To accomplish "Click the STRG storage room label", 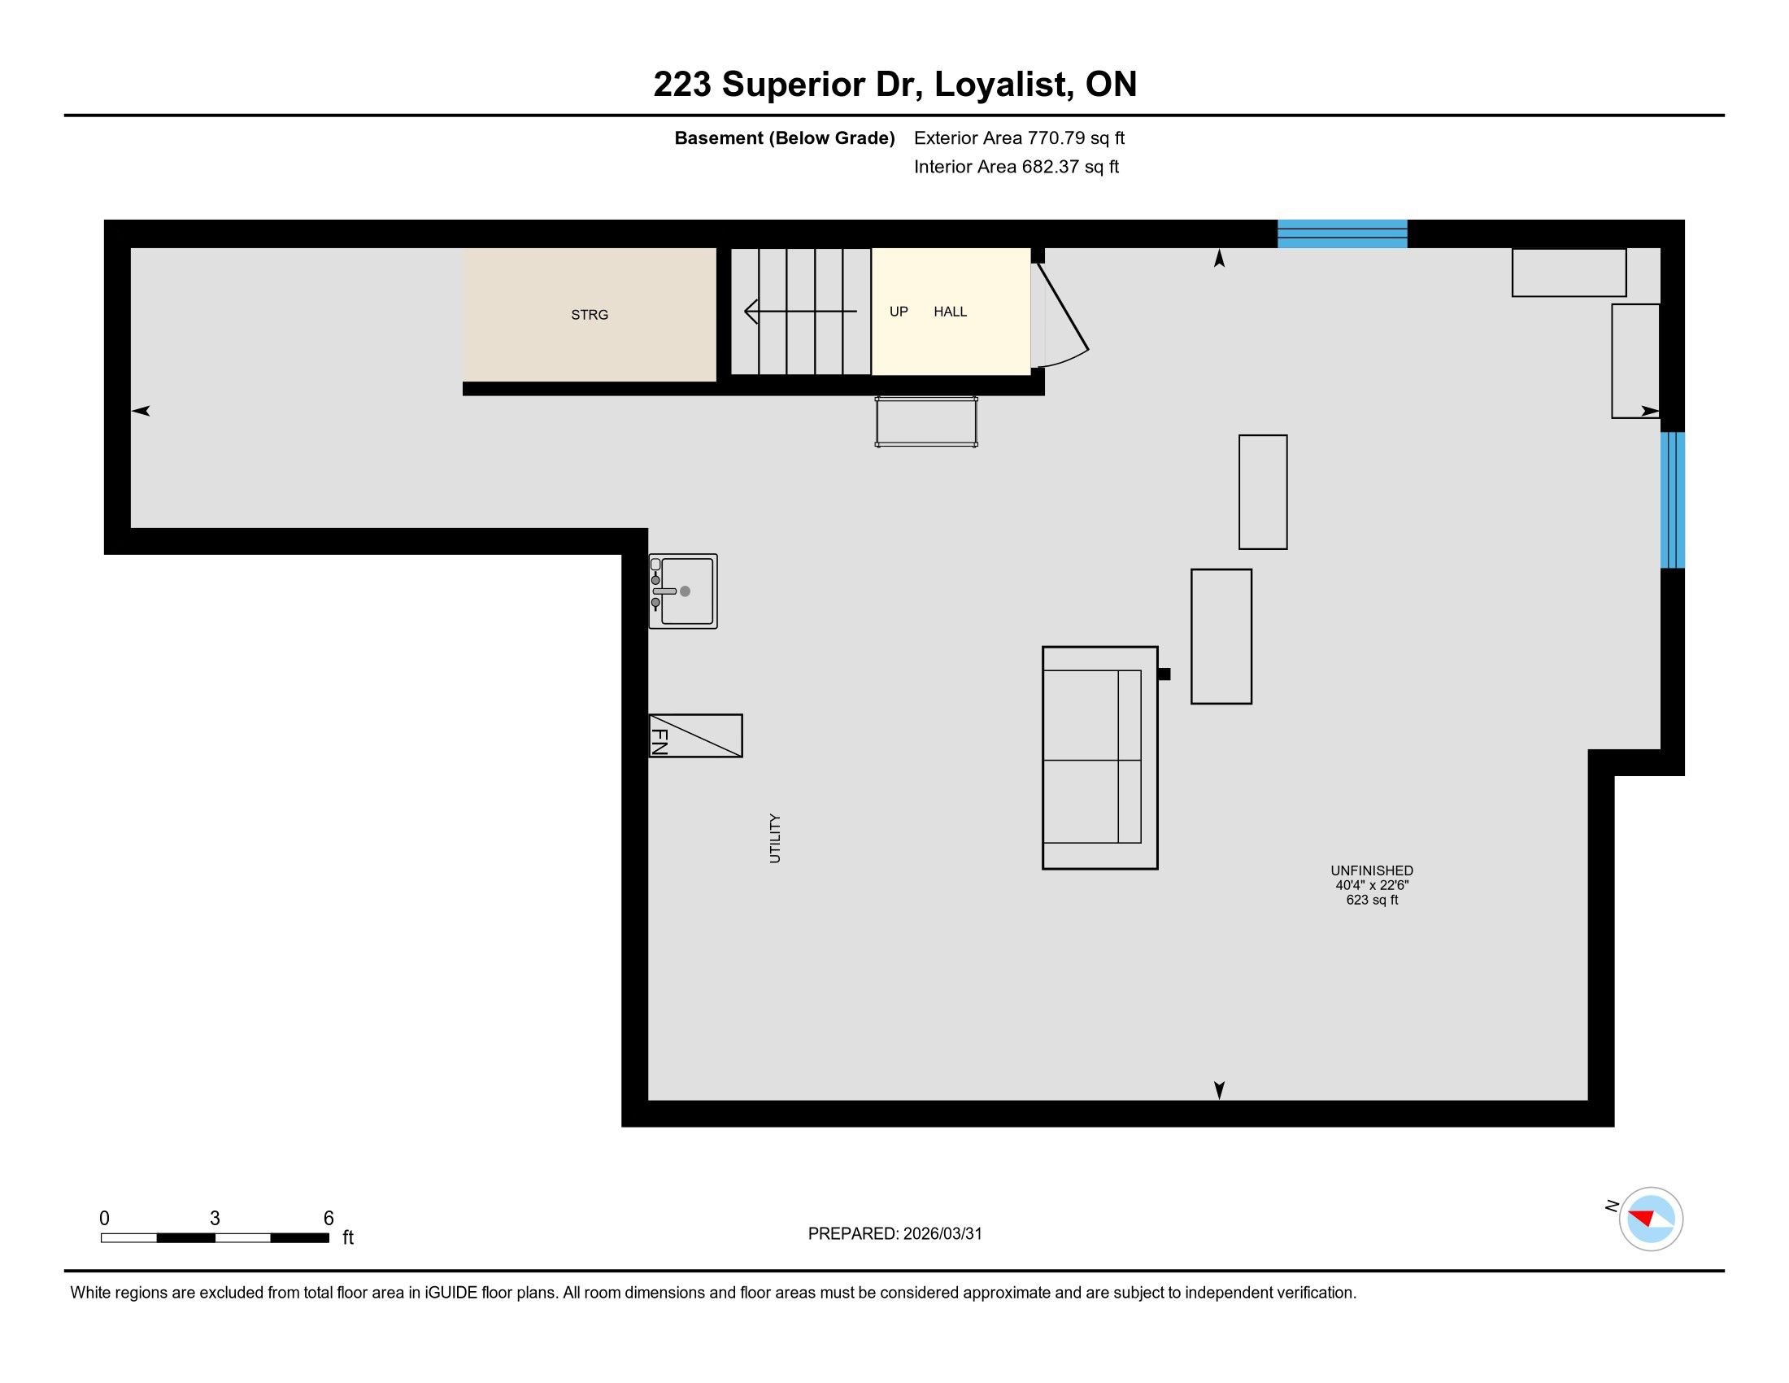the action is pos(589,315).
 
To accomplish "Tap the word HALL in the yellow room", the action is pos(950,312).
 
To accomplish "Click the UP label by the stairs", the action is pos(899,312).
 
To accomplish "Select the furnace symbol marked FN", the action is pos(695,735).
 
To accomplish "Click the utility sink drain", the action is pos(686,591).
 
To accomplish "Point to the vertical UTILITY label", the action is pos(775,838).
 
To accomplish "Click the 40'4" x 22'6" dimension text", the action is pos(1372,885).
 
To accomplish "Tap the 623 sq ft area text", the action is pos(1372,900).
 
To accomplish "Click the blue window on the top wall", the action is pos(1343,233).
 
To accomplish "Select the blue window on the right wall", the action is pos(1672,500).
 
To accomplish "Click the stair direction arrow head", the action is pos(751,312).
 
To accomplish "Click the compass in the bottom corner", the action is pos(1651,1219).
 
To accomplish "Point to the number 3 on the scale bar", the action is pos(215,1219).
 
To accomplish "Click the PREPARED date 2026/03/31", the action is pos(942,1234).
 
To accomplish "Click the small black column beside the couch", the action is pos(1164,674).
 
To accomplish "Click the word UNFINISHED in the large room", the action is pos(1372,870).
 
